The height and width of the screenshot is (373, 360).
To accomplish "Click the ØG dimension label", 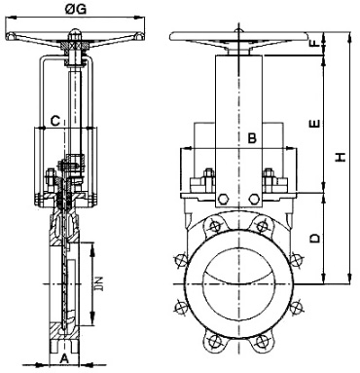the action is click(76, 10).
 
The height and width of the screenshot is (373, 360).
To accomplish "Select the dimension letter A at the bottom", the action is click(65, 358).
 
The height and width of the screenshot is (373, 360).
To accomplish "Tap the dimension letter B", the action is click(252, 138).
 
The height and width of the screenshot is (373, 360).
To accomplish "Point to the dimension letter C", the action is click(55, 121).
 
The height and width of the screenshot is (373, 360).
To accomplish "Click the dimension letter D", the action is click(314, 239).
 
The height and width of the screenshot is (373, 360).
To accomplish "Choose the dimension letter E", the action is click(315, 124).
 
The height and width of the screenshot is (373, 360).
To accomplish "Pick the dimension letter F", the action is click(315, 43).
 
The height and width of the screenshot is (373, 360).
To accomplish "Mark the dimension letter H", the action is click(341, 157).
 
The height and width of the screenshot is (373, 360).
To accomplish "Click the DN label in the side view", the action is click(99, 283).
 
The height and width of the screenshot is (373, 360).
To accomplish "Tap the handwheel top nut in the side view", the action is click(75, 32).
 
